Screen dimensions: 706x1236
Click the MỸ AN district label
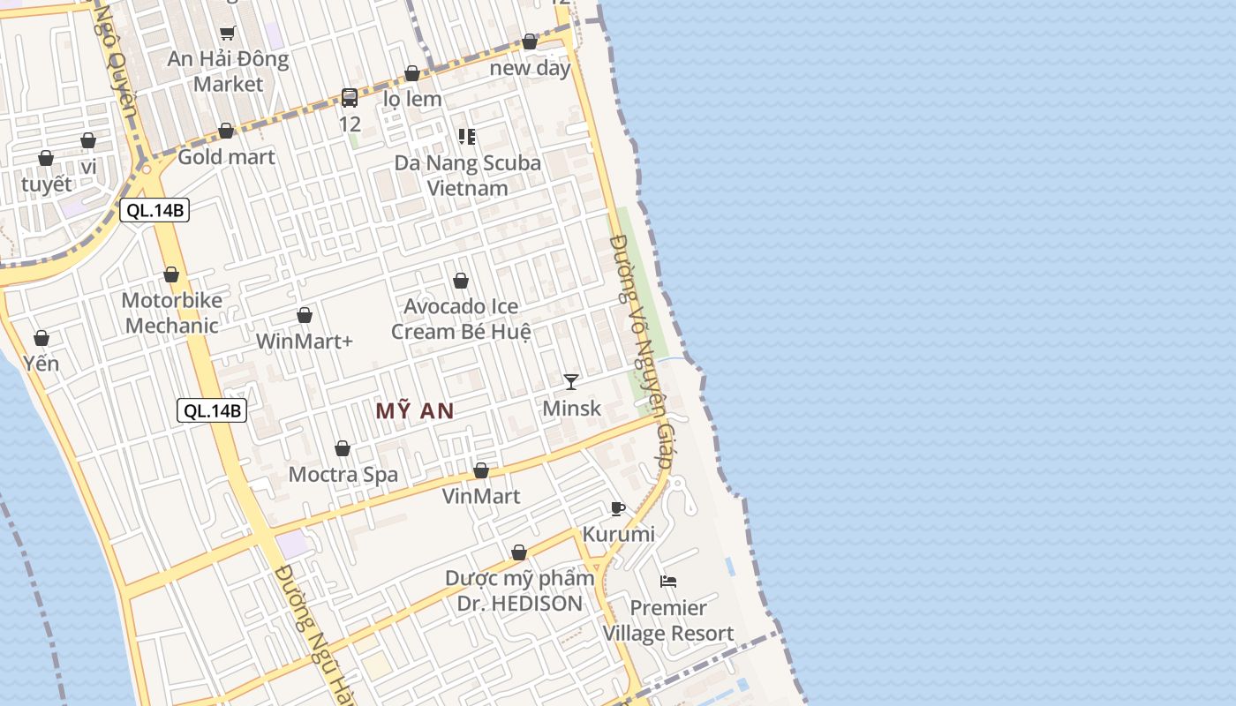click(414, 410)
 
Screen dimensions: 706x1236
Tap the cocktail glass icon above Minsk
click(571, 381)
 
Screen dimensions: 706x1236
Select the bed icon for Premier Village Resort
click(668, 581)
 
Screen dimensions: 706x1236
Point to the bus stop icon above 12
click(350, 97)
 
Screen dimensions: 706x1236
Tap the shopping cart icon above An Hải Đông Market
click(228, 34)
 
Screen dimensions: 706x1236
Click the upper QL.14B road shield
click(154, 210)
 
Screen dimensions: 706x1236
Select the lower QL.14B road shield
click(211, 410)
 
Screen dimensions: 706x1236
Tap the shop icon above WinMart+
click(305, 315)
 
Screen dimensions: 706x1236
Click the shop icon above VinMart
click(481, 470)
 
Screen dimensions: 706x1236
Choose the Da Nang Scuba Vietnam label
click(467, 175)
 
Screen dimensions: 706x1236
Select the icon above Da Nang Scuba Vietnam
click(467, 137)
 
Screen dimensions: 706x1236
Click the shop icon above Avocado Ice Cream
click(461, 281)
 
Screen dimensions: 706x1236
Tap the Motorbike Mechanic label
click(171, 312)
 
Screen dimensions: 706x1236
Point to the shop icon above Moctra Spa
click(343, 448)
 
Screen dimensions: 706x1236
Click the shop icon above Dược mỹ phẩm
click(519, 552)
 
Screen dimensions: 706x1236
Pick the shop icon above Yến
click(41, 338)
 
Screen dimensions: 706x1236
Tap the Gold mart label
click(227, 156)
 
